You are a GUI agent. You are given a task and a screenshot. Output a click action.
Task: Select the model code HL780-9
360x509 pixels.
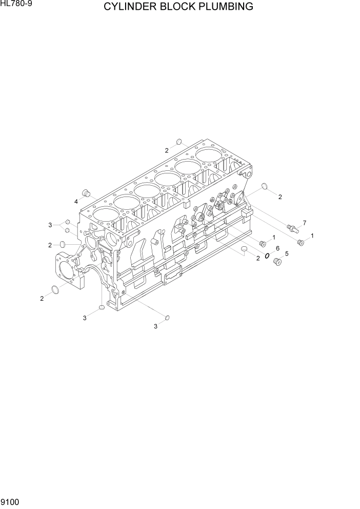point(15,5)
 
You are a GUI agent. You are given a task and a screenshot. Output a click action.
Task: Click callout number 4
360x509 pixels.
point(76,202)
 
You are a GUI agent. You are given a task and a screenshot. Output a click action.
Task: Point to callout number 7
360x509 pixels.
point(304,223)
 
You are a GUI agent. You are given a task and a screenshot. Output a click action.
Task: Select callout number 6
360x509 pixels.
point(277,248)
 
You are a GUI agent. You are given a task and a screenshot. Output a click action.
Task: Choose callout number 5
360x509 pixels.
point(286,253)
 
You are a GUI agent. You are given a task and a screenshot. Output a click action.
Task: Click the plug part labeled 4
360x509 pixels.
point(87,193)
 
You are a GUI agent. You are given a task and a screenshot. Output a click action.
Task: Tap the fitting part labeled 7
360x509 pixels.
point(292,228)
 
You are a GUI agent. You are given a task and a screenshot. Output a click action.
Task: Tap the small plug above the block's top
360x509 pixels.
point(178,142)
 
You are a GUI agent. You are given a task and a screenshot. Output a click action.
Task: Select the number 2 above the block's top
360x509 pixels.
point(167,150)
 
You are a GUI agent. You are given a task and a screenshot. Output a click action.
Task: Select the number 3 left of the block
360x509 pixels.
point(50,225)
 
